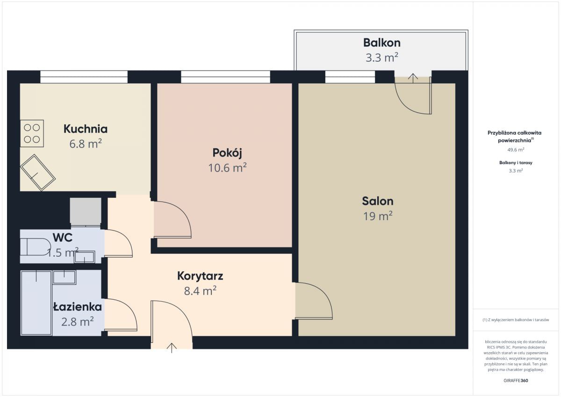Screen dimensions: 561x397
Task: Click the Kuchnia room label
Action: point(86,129)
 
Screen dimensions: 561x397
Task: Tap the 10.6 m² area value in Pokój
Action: point(227,167)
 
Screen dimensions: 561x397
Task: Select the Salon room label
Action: point(378,201)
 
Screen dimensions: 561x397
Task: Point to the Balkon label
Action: point(382,43)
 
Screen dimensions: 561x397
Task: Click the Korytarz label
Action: point(200,276)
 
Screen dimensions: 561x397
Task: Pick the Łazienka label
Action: point(78,307)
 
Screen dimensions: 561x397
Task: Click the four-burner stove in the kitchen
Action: point(32,133)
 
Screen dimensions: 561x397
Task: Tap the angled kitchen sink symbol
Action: point(38,173)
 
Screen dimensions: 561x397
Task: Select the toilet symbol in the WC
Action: point(36,247)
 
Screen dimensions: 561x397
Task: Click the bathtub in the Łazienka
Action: point(36,303)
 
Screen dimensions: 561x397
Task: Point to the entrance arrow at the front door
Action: point(172,348)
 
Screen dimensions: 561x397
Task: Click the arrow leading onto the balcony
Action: point(413,78)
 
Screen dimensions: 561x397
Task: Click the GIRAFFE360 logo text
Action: point(516,381)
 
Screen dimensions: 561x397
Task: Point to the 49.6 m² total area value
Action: point(516,150)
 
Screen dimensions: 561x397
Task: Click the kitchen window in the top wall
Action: point(84,77)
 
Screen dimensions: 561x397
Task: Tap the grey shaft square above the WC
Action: point(86,211)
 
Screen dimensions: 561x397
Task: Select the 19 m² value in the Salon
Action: point(378,216)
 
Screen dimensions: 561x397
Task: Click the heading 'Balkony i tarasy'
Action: point(516,163)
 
